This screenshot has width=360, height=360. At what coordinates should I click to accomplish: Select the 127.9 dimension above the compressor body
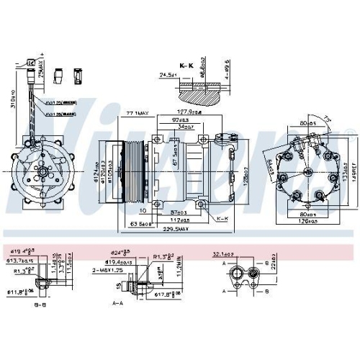pyautogui.click(x=189, y=112)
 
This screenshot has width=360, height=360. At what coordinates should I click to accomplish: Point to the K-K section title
pyautogui.click(x=187, y=65)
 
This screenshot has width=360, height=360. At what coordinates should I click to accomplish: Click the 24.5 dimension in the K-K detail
pyautogui.click(x=168, y=74)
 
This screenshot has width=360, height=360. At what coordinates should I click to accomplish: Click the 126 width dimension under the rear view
pyautogui.click(x=297, y=221)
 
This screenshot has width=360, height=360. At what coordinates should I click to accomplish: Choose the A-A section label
pyautogui.click(x=117, y=305)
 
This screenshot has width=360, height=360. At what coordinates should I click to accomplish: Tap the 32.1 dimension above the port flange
pyautogui.click(x=241, y=253)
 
